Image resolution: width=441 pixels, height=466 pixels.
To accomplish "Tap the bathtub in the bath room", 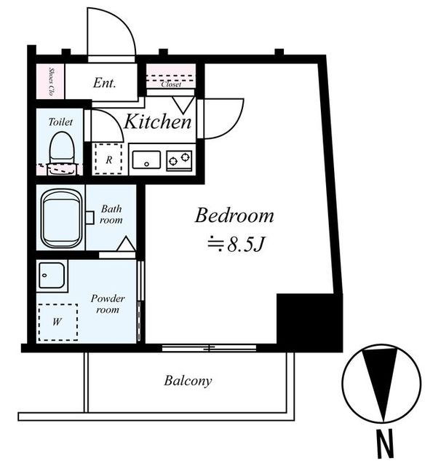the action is tap(61, 218).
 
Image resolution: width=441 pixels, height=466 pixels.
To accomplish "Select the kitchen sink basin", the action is tap(146, 159).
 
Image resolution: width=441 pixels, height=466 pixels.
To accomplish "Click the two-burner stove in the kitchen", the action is tap(179, 161).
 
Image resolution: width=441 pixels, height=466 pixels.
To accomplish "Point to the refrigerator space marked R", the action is tap(108, 159).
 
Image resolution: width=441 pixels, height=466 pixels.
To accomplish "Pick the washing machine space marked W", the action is tap(58, 322).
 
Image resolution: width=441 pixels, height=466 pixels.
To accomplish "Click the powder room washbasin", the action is tap(52, 275).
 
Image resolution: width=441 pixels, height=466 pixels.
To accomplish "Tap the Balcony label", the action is tap(188, 381).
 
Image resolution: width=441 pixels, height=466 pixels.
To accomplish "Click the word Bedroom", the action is tap(234, 216).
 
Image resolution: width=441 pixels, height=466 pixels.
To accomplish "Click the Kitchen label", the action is tap(157, 122).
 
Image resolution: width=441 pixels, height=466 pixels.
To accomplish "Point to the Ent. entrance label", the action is tap(104, 82).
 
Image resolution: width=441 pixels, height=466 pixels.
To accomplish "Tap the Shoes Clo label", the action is tap(52, 82).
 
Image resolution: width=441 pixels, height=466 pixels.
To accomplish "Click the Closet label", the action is tap(171, 84).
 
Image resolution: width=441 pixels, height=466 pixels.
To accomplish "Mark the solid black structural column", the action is tap(309, 323).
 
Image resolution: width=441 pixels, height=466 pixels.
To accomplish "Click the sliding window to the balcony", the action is tap(209, 348).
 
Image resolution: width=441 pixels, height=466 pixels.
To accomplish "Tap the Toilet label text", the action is tap(60, 122).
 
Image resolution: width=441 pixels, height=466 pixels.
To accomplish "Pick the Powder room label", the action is tap(108, 304).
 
